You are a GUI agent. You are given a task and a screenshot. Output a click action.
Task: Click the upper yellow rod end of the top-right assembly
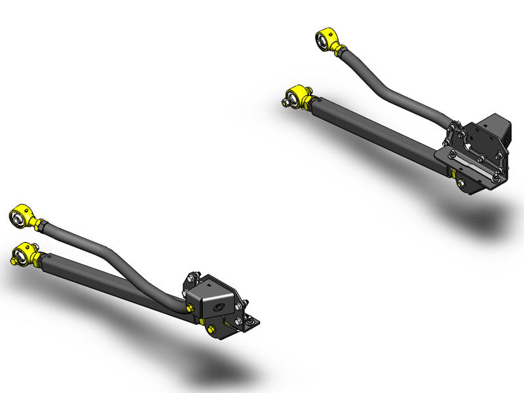(x=327, y=41)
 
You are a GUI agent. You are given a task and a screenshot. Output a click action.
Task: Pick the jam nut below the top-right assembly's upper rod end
(x=341, y=52)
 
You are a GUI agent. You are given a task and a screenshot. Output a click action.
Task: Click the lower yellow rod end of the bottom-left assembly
(x=26, y=252)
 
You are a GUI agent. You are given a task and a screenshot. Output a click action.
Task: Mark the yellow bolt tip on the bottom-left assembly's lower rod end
(x=13, y=260)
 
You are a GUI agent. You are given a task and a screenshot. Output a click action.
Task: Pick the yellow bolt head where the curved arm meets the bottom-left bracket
(x=191, y=307)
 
